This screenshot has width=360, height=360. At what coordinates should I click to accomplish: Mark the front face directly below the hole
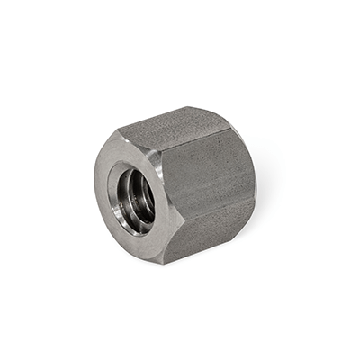click(144, 243)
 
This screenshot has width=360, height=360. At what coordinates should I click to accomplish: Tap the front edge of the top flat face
click(144, 140)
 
